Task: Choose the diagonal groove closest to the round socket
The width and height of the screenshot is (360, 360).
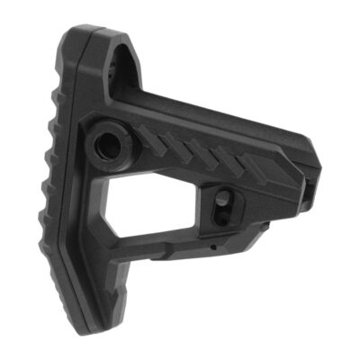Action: click(x=148, y=137)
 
